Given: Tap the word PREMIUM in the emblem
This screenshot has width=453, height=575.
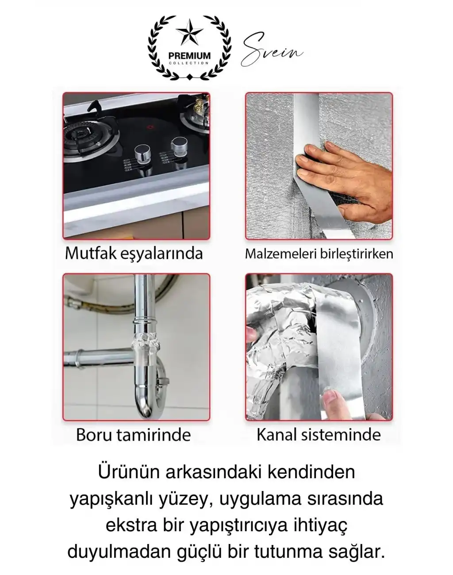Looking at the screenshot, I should point(189,56).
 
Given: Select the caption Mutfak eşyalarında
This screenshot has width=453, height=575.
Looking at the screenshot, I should point(134,253).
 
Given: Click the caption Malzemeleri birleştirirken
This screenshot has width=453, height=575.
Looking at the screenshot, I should point(319,254).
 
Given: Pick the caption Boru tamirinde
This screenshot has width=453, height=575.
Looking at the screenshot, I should point(134,434).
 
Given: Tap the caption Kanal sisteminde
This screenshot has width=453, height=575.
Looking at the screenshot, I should point(319,434).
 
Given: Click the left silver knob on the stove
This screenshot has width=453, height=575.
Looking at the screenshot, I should point(142,154).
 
